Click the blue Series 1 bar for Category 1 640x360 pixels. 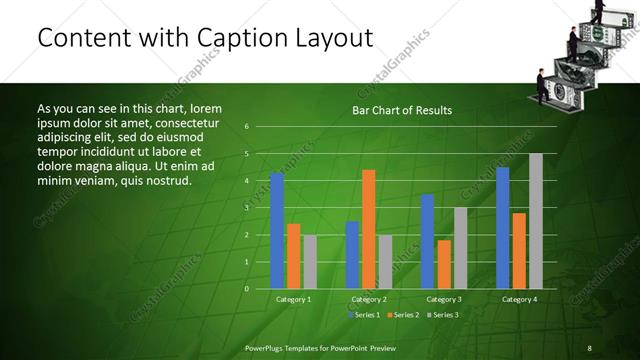277,231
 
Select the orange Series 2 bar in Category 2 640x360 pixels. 369,229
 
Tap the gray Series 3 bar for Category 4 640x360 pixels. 536,221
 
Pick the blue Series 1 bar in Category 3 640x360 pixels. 428,241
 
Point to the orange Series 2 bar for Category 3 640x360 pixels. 444,264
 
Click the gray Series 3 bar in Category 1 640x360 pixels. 310,262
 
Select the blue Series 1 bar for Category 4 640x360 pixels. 503,228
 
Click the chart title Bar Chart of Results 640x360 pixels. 402,110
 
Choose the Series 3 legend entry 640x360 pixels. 444,315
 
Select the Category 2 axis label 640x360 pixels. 369,299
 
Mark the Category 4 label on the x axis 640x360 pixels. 519,299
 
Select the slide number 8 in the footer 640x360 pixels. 589,347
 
